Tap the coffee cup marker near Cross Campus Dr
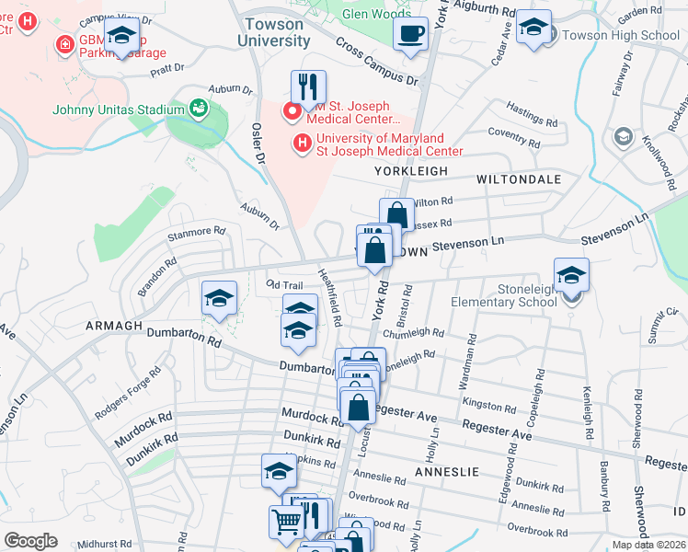point(411,35)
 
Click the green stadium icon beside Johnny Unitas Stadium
point(198,109)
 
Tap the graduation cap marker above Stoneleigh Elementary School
point(571,275)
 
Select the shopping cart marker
point(287,522)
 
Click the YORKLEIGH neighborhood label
point(411,171)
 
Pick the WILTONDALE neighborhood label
point(519,180)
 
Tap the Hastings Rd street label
point(532,115)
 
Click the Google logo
point(30,541)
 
